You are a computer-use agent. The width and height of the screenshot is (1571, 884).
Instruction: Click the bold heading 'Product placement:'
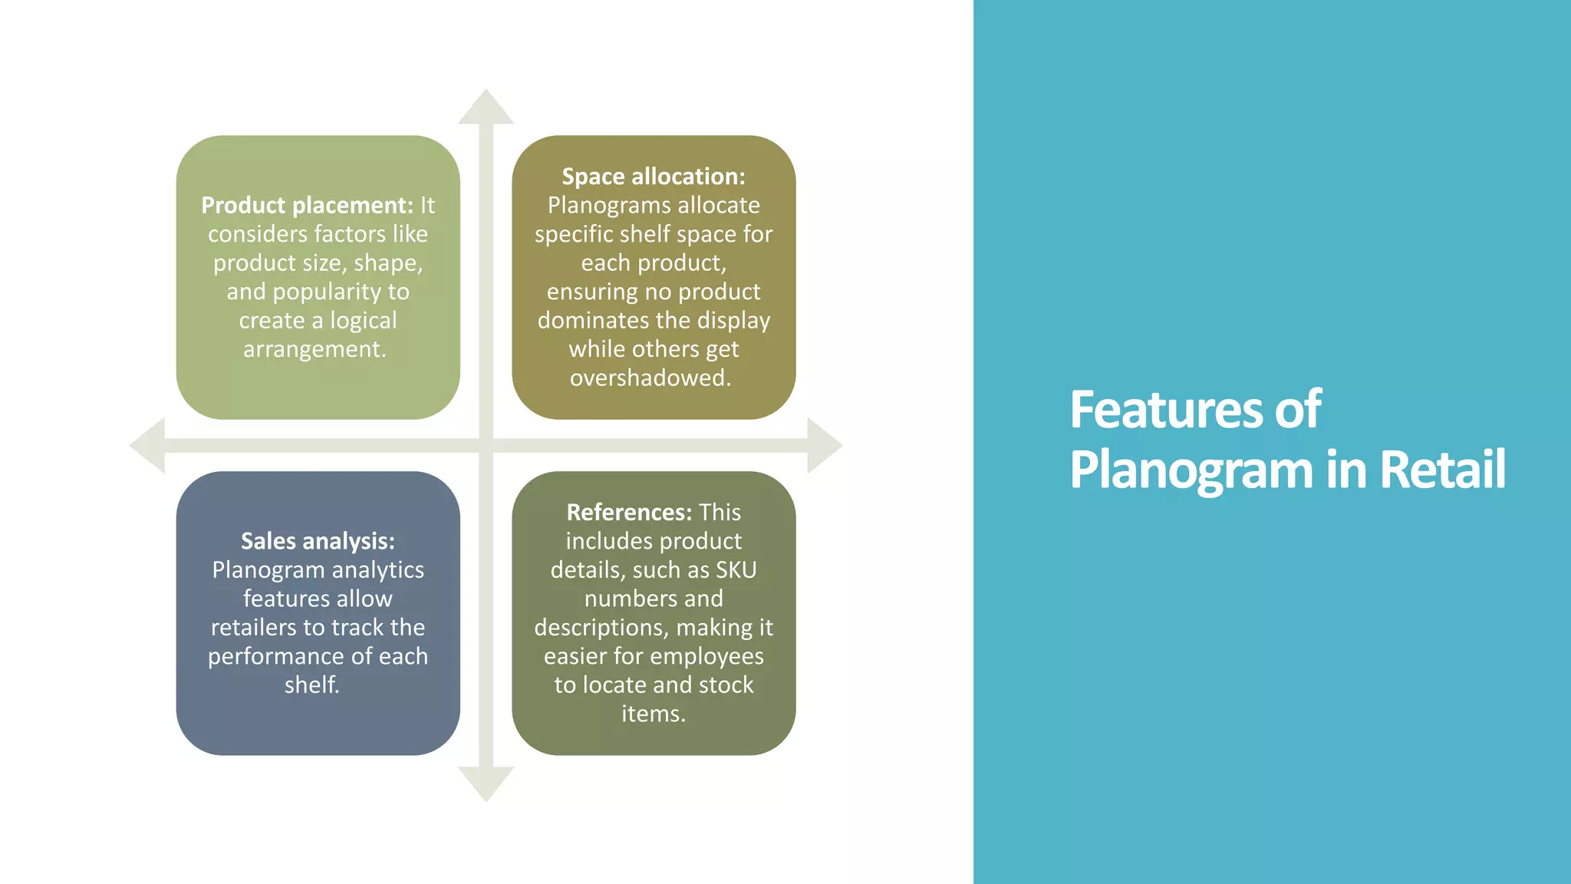click(x=307, y=206)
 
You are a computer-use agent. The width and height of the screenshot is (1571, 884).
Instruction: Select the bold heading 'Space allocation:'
click(x=654, y=176)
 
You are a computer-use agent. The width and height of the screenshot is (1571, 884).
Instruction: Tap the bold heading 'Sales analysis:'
click(x=318, y=541)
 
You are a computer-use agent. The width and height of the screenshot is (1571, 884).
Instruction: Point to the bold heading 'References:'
click(x=629, y=513)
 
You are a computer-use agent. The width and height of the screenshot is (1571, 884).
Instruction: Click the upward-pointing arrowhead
click(x=486, y=107)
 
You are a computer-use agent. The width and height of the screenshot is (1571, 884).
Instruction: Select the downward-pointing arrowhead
click(x=486, y=783)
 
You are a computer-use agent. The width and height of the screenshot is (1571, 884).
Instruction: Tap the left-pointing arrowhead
click(x=148, y=445)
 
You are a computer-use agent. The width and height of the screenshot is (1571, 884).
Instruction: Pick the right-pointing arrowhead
click(x=824, y=445)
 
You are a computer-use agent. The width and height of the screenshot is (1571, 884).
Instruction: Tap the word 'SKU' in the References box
click(x=736, y=570)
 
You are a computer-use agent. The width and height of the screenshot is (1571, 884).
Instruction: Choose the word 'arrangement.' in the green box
click(x=315, y=349)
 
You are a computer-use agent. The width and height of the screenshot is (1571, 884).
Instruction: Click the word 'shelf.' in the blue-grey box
click(x=311, y=684)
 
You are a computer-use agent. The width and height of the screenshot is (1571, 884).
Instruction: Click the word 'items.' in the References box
click(x=654, y=714)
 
